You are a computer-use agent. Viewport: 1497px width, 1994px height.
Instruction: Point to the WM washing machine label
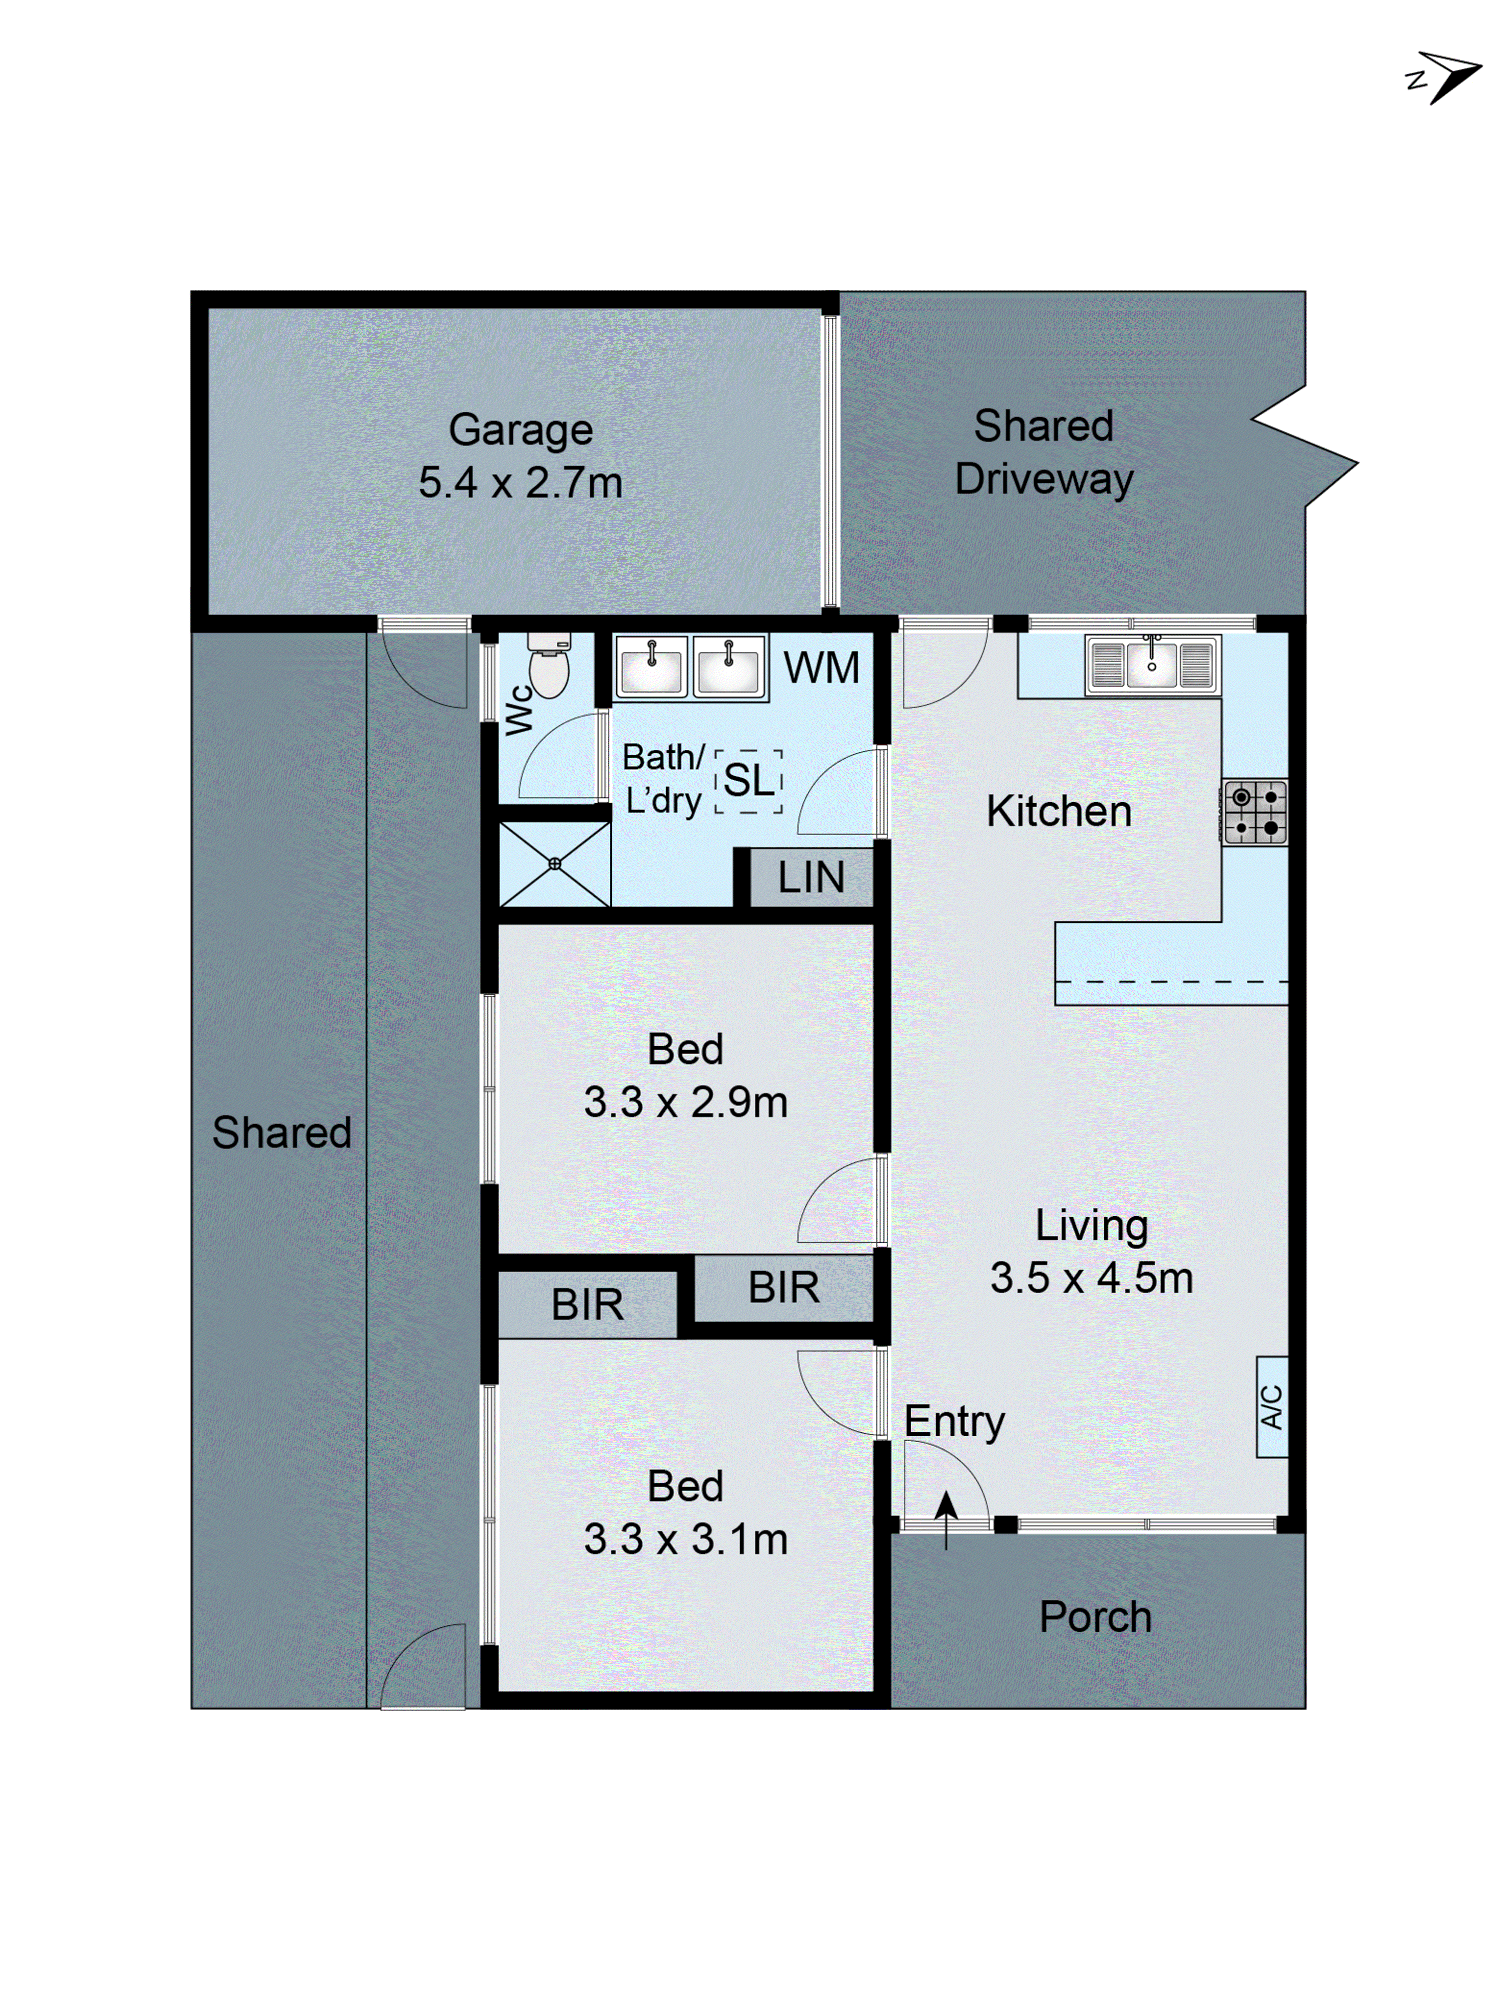tap(821, 668)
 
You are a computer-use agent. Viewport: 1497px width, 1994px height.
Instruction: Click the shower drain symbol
tap(554, 864)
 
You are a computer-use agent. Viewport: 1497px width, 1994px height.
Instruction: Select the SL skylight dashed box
tap(748, 781)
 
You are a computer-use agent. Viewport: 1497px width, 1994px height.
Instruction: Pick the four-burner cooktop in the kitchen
tap(1255, 811)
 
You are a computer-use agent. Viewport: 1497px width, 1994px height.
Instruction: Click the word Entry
tap(954, 1422)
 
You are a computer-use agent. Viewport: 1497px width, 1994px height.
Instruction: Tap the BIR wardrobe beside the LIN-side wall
tap(783, 1287)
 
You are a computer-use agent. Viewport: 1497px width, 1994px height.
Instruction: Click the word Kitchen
tap(1059, 811)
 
